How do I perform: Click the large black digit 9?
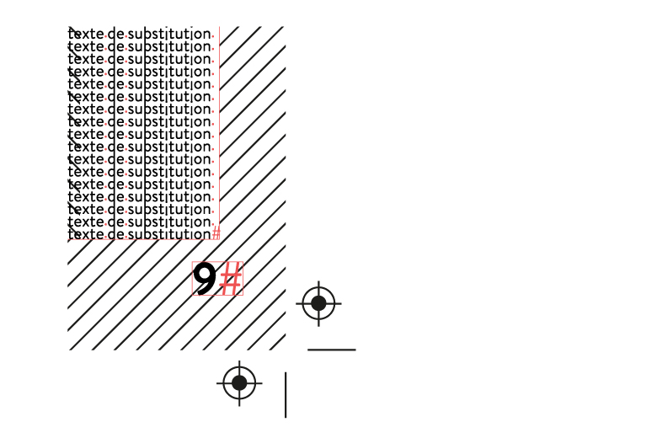coord(204,279)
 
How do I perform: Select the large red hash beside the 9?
coord(231,279)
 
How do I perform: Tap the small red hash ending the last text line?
coord(216,232)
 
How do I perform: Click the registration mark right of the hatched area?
coord(318,303)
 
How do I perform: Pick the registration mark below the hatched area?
coord(239,383)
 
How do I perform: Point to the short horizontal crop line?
coord(332,350)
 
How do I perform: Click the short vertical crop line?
coord(286,395)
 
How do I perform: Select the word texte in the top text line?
coord(86,34)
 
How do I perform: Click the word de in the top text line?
coord(115,34)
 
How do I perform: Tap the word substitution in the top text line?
coord(169,34)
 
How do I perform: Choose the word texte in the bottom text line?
coord(86,234)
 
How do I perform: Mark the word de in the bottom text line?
coord(115,234)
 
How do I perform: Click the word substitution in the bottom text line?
coord(169,234)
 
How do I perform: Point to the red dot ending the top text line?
coord(213,36)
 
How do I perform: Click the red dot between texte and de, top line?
coord(105,36)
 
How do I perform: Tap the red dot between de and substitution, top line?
coord(126,36)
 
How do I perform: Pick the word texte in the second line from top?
coord(86,46)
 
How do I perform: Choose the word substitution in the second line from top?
coord(169,46)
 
